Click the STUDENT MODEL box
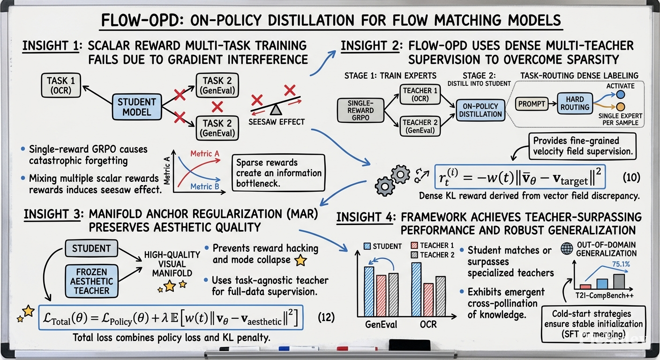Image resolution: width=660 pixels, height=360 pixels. click(137, 107)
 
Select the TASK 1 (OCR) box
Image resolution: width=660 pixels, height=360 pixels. click(61, 85)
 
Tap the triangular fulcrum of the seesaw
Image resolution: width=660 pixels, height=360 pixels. click(276, 110)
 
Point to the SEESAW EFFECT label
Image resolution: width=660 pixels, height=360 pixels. click(277, 122)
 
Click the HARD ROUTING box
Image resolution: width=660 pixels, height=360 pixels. click(575, 103)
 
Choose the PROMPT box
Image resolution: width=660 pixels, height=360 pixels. click(532, 104)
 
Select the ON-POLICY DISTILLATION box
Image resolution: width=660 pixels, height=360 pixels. click(480, 110)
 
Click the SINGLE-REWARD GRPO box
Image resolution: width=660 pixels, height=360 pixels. click(360, 111)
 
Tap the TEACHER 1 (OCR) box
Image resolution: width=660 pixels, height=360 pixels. click(420, 95)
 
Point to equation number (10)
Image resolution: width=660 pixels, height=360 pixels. click(631, 177)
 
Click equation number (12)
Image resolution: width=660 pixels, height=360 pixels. click(326, 317)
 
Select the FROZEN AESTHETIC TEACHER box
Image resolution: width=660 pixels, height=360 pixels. click(91, 281)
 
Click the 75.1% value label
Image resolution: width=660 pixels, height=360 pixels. click(621, 264)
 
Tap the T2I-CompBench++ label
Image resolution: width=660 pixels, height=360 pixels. click(604, 295)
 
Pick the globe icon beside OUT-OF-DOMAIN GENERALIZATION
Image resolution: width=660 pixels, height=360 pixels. click(567, 248)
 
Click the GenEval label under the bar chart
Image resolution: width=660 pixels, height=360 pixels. click(381, 324)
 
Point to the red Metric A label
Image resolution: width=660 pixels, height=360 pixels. click(205, 153)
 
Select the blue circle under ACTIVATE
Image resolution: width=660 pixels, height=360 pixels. click(621, 95)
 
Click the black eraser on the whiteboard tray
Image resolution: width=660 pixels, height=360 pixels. click(410, 345)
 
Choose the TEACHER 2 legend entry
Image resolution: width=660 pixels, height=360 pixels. click(433, 255)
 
